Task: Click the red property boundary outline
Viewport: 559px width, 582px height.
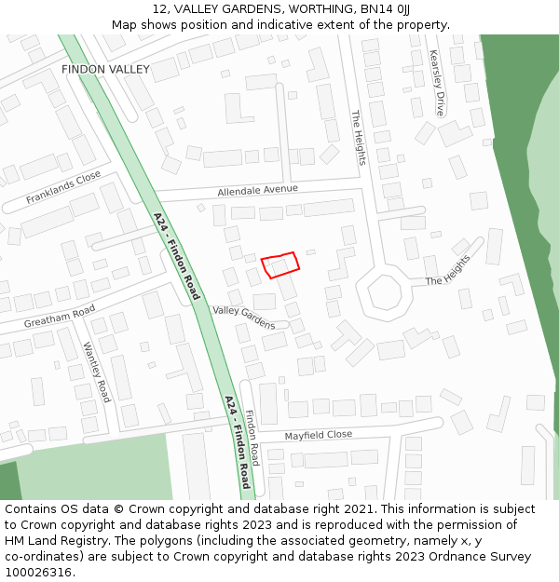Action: coord(280,264)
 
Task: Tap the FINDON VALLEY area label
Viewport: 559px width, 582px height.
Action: coord(105,70)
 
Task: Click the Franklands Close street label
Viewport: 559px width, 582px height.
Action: coord(63,187)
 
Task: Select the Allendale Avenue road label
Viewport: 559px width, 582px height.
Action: coord(257,190)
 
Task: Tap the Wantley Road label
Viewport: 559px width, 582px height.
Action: coord(97,372)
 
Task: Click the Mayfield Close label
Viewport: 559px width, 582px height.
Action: coord(318,435)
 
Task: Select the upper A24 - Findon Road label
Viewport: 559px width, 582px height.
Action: coord(177,256)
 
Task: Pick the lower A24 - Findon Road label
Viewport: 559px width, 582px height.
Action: coord(238,442)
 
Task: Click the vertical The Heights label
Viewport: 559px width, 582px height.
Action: coord(359,138)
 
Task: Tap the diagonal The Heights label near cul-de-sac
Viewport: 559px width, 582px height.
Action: coord(448,270)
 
